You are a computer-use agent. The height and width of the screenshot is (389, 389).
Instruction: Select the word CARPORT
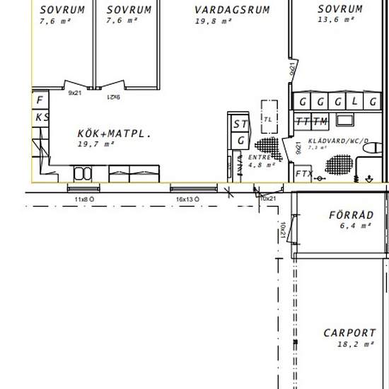pyautogui.click(x=349, y=333)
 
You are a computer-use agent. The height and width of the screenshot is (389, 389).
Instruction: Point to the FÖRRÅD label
pyautogui.click(x=350, y=215)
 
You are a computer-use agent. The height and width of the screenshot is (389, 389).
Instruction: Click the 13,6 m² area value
pyautogui.click(x=339, y=20)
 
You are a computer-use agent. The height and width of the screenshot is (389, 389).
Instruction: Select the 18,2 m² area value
pyautogui.click(x=349, y=346)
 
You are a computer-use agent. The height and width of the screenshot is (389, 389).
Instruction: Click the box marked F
pyautogui.click(x=40, y=100)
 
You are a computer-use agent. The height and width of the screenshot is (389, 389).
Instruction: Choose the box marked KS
pyautogui.click(x=42, y=117)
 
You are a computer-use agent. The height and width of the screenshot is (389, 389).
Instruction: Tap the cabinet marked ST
pyautogui.click(x=240, y=124)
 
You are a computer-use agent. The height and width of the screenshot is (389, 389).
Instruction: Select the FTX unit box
pyautogui.click(x=303, y=173)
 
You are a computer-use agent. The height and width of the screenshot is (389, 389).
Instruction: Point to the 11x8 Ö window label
pyautogui.click(x=83, y=200)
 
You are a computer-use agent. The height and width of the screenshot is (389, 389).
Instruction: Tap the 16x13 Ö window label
pyautogui.click(x=187, y=200)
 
